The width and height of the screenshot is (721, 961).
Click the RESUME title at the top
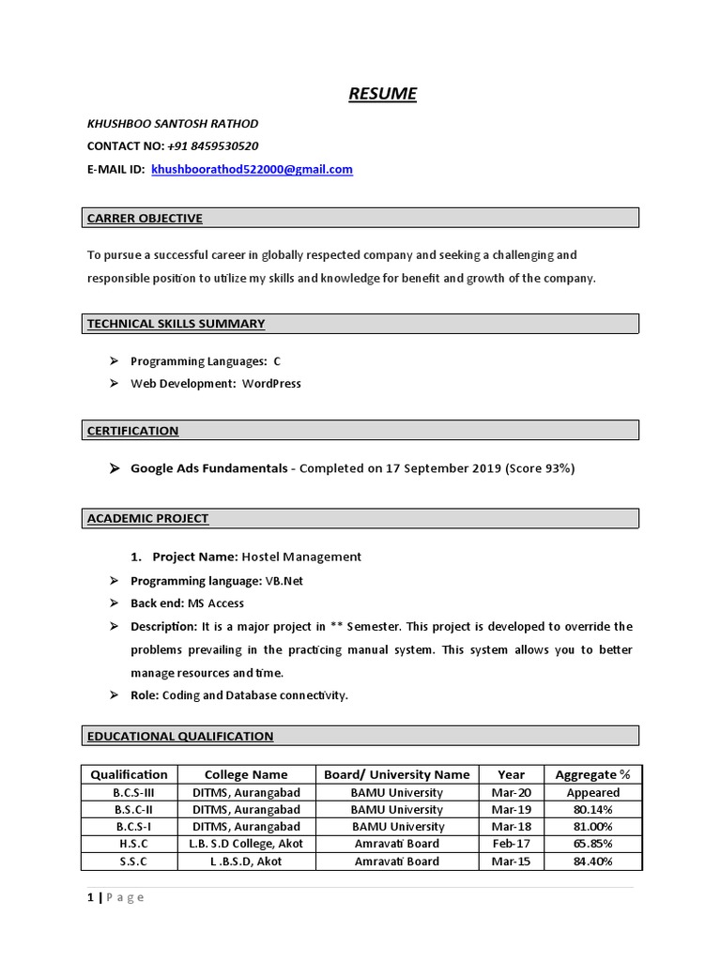coord(382,93)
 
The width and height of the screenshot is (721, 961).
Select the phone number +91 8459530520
coord(213,146)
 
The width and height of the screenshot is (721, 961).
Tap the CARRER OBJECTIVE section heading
coord(145,219)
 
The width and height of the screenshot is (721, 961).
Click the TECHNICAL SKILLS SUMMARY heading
coord(176,324)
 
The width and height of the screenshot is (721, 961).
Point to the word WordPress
coord(271,384)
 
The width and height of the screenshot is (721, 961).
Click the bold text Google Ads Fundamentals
coord(208,468)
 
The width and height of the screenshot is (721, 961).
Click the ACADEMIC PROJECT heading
coord(147,518)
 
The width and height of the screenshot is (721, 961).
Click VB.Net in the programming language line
coord(284,581)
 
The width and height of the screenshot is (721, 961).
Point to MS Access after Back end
coord(214,603)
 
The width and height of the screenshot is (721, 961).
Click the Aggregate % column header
coord(592,775)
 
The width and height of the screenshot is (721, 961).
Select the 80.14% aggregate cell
coord(592,810)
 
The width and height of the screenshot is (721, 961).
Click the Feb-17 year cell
coord(511,844)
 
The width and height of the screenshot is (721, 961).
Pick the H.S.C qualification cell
coord(129,844)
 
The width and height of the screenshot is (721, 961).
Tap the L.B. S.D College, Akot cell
coord(246,844)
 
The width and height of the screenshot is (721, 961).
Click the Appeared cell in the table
coord(592,793)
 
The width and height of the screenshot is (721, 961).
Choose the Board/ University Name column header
coord(396,775)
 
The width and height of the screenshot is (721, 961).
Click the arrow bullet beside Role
coord(114,695)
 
